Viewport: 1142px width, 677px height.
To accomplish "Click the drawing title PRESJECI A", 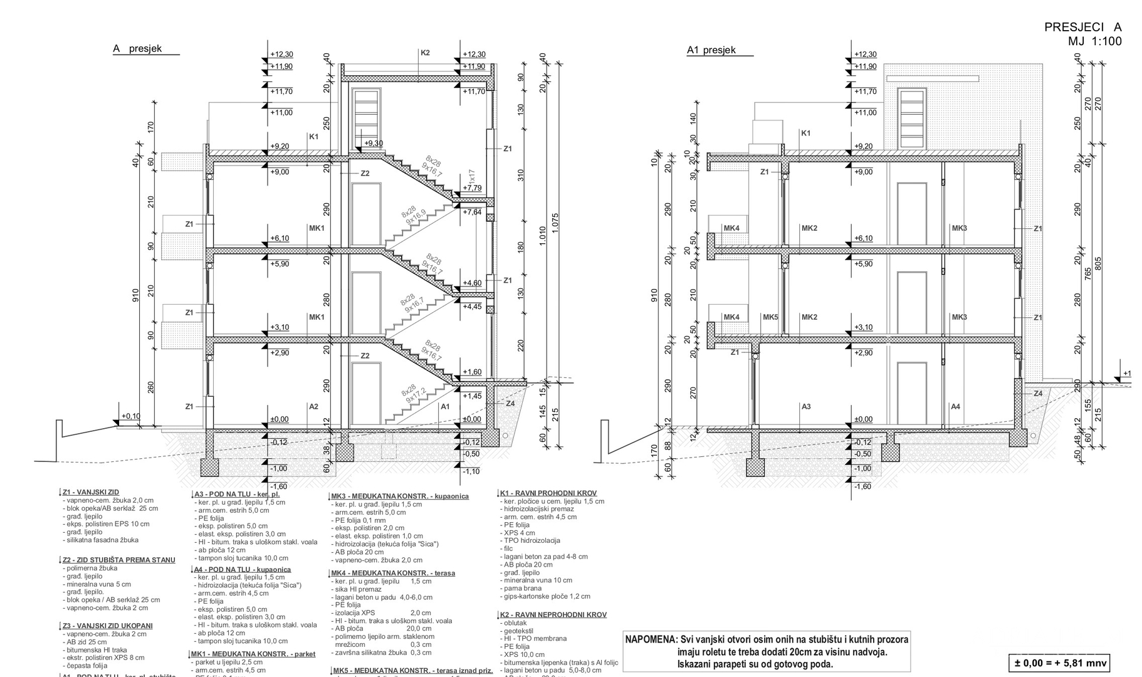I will [1082, 27].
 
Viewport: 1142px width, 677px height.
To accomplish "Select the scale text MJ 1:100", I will [1094, 41].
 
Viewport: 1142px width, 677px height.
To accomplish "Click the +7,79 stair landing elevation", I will [472, 188].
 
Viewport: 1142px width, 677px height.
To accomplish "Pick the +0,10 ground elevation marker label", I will [131, 416].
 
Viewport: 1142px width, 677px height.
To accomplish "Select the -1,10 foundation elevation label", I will [471, 471].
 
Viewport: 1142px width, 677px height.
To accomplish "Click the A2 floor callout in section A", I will [313, 407].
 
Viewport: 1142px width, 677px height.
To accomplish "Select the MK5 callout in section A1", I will [770, 317].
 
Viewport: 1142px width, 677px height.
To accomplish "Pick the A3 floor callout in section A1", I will [806, 407].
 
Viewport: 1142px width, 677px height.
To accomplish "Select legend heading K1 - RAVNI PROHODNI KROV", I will [548, 493].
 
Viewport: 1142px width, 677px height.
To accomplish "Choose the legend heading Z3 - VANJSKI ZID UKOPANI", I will [107, 626].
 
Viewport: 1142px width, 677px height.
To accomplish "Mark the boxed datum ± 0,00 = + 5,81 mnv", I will [1059, 663].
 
